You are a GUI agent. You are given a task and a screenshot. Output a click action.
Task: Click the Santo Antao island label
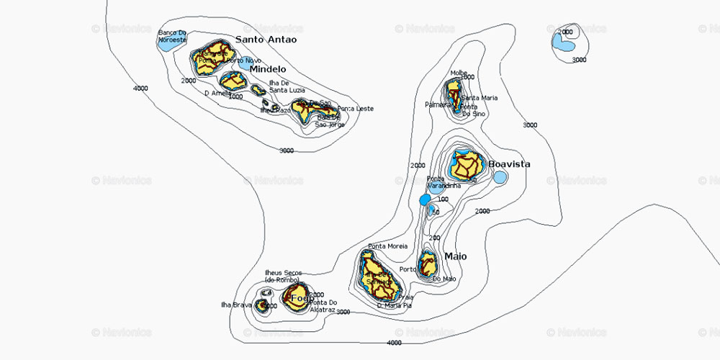click(x=266, y=40)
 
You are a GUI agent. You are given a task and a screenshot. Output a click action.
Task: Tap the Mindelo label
click(x=268, y=69)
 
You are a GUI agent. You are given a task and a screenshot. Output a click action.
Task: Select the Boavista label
click(x=509, y=164)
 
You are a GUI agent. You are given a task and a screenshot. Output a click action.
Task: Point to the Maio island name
click(x=455, y=256)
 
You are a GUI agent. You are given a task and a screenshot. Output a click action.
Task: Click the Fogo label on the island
click(x=302, y=298)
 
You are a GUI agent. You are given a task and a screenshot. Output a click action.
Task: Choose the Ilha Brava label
click(x=236, y=305)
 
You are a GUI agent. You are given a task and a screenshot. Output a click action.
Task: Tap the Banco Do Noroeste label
click(x=172, y=36)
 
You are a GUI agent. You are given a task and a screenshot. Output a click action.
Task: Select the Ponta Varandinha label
click(x=444, y=182)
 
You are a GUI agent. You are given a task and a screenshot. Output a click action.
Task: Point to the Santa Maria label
click(x=478, y=98)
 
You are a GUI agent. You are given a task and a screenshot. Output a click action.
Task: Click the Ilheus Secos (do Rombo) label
click(x=284, y=276)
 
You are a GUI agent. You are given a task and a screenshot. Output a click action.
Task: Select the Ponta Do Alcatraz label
click(x=322, y=306)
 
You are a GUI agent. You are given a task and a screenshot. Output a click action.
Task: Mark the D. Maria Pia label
click(x=395, y=305)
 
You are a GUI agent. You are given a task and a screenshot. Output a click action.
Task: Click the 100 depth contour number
click(x=443, y=199)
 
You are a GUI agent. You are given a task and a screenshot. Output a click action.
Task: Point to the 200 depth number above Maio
click(x=434, y=238)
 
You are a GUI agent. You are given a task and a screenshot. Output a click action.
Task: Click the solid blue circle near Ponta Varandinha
click(x=425, y=199)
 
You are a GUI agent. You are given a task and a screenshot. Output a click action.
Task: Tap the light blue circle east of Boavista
click(x=500, y=176)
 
